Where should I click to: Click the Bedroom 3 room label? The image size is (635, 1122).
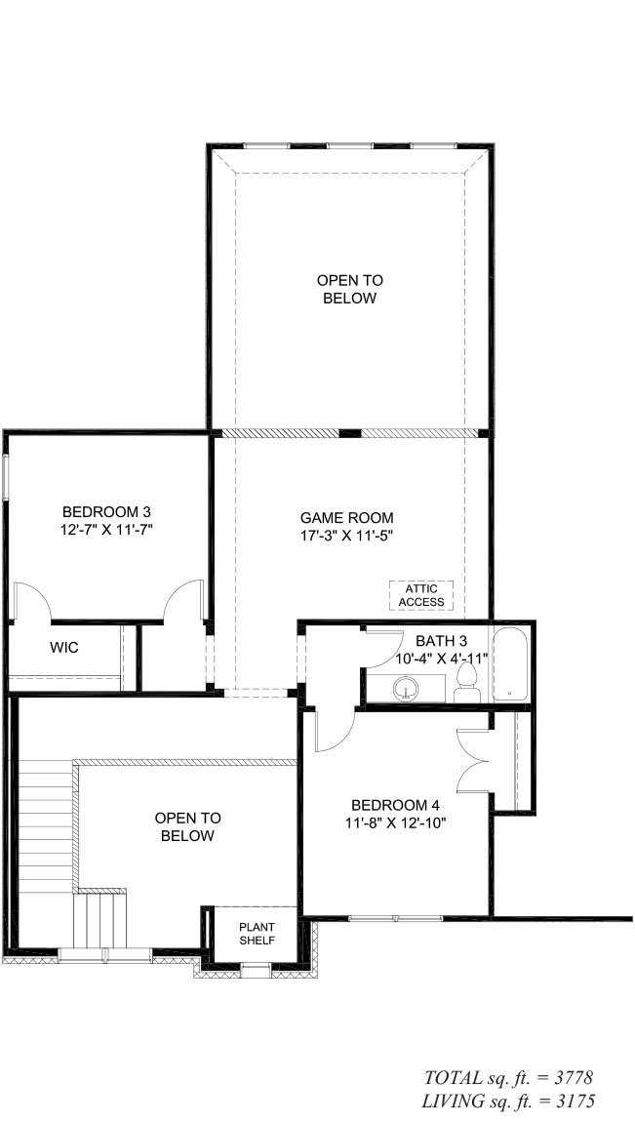pos(106,511)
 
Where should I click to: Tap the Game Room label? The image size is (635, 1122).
pos(347,517)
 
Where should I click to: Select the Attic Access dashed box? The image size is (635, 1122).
pos(421,595)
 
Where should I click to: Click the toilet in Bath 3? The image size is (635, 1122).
pos(467,683)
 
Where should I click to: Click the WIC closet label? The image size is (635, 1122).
pos(64,648)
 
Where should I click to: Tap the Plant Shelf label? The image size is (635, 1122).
pos(257,934)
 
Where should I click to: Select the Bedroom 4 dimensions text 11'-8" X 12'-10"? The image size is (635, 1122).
pos(395,822)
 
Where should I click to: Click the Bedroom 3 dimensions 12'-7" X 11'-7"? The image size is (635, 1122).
pos(107,530)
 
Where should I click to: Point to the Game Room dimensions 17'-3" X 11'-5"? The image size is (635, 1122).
pos(347,536)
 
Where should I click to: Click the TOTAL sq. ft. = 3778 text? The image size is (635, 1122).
pos(509,1078)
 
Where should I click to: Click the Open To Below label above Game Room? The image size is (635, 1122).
pos(350,289)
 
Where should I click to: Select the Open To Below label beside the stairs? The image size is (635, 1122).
pos(188,826)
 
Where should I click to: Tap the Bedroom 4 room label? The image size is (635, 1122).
pos(395,804)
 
